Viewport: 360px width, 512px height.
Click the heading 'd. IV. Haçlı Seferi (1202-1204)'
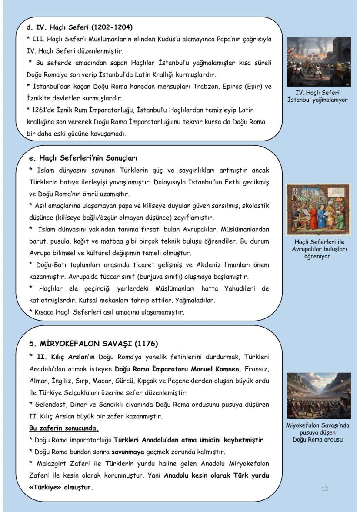80,27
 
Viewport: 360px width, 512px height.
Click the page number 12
325,489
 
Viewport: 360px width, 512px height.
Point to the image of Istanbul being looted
318,61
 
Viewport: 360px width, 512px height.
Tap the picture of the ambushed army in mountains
318,395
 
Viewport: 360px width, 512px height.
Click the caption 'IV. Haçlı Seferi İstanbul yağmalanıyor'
318,96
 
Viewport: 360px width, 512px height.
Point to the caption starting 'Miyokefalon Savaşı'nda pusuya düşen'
318,432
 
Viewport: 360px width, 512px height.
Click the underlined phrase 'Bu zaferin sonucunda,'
64,428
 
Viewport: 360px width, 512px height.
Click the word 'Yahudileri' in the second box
222,288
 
